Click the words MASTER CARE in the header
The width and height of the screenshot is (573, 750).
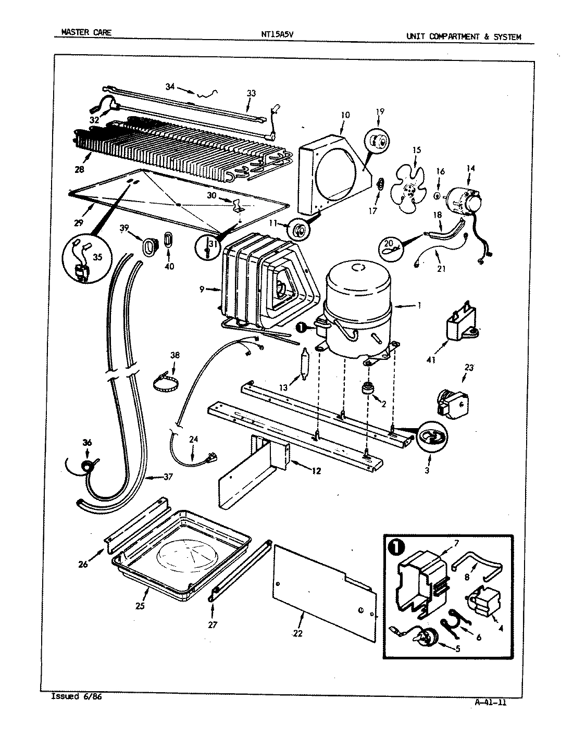[x=86, y=32]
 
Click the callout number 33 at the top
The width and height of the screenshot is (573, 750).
[x=251, y=93]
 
